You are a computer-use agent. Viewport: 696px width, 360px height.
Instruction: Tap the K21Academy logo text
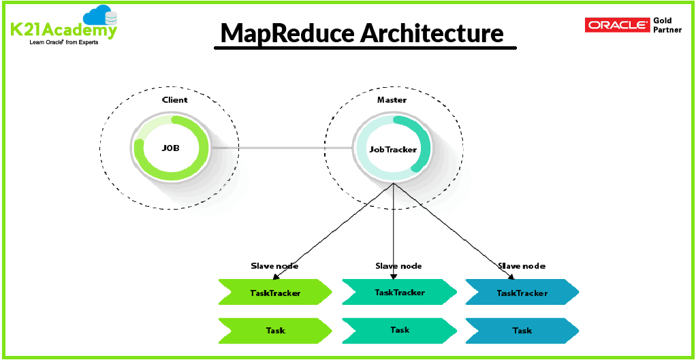tap(63, 30)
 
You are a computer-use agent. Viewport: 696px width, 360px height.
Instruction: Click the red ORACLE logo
tap(617, 25)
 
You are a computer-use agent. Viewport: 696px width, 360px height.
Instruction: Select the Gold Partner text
tap(667, 25)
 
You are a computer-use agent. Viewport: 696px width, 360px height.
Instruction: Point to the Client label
tap(174, 100)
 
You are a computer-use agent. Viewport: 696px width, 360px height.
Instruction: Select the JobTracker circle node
tap(393, 149)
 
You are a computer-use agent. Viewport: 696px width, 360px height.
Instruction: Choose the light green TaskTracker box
tap(274, 293)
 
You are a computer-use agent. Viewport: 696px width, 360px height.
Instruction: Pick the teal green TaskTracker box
tap(399, 292)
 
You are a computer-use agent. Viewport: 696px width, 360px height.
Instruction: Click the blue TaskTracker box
tap(522, 293)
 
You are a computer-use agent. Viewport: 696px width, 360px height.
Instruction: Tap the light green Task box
tap(274, 331)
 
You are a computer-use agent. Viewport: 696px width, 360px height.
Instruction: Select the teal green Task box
tap(399, 330)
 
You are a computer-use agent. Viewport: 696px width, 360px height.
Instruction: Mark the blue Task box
tap(522, 331)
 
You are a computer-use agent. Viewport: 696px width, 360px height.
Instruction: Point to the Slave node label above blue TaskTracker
tap(522, 266)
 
